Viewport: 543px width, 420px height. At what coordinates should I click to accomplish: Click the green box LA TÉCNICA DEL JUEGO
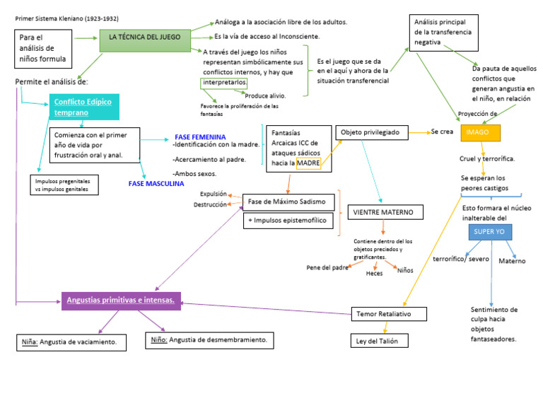145,37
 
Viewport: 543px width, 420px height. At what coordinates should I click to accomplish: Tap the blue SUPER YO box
489,232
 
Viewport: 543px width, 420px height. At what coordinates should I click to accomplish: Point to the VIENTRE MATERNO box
386,212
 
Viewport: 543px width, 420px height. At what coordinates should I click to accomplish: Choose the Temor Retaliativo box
389,313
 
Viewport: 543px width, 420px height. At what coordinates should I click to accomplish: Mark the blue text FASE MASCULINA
156,184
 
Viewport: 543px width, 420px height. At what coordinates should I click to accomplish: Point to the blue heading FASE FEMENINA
200,136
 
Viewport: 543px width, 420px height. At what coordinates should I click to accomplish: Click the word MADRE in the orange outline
308,163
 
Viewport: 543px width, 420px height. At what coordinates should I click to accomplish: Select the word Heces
374,274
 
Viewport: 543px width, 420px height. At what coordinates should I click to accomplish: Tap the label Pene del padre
327,267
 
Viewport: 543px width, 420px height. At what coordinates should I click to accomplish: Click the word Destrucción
210,205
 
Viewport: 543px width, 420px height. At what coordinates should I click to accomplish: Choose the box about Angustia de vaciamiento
73,343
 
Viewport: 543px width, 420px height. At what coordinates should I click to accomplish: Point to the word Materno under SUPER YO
512,261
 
